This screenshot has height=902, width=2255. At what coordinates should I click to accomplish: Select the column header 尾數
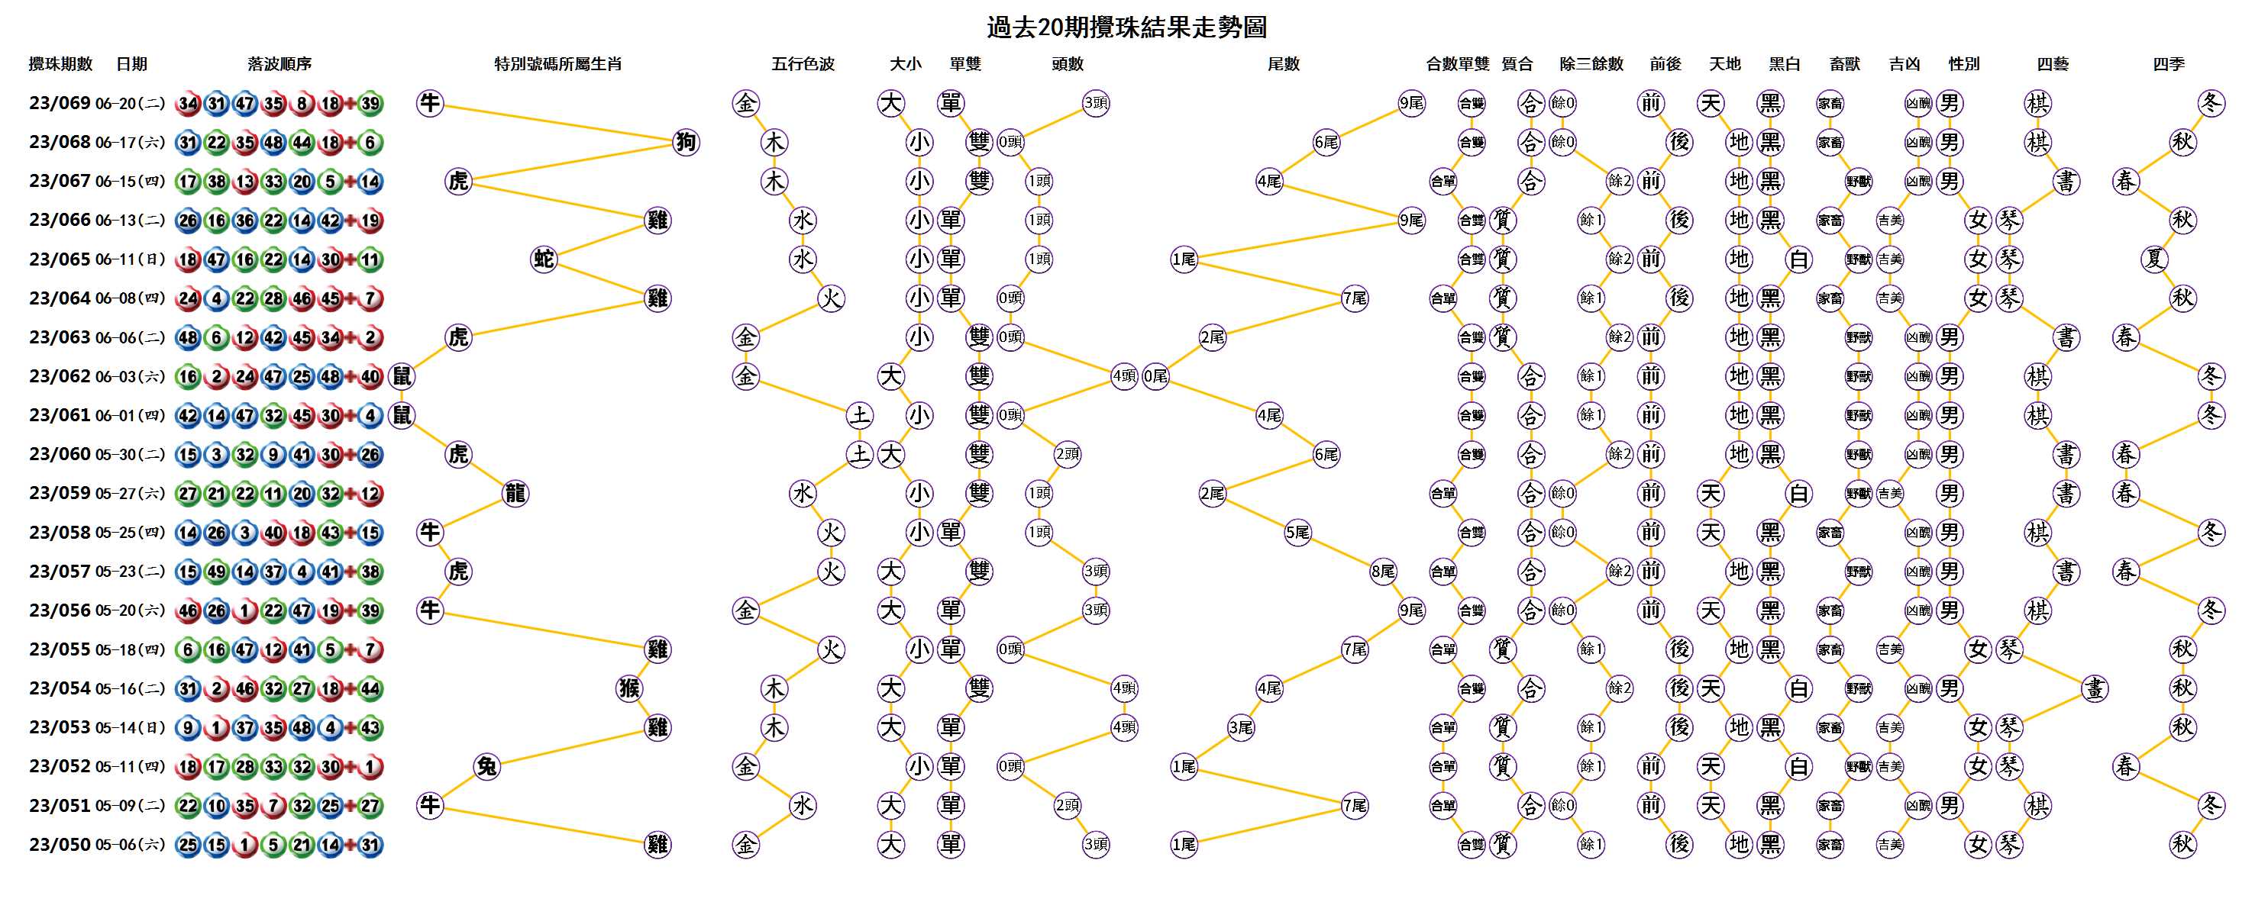1284,64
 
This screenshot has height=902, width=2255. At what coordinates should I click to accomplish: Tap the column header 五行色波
803,64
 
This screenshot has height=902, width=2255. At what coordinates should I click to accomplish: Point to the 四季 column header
2169,64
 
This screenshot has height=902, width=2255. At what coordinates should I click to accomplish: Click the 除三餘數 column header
1591,64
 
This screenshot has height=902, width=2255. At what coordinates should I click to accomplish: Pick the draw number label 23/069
60,103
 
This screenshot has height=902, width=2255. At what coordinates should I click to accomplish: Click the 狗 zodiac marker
687,142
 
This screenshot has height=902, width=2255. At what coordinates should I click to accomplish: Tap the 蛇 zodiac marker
544,259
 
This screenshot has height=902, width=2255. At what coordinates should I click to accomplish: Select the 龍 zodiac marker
515,494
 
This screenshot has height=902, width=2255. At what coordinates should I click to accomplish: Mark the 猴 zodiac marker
629,688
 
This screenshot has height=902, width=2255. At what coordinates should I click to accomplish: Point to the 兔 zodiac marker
486,766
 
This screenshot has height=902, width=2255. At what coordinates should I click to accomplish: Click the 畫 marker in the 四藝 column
2095,688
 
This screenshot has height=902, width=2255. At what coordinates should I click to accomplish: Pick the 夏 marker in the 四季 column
2154,259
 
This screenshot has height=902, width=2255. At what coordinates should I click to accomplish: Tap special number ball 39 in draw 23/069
370,103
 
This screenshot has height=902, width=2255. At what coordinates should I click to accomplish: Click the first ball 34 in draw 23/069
188,103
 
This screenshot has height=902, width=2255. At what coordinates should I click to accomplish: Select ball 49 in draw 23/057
216,572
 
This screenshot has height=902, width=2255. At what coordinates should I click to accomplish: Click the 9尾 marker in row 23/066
1411,221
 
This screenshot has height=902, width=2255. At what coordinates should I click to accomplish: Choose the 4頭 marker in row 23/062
1125,376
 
